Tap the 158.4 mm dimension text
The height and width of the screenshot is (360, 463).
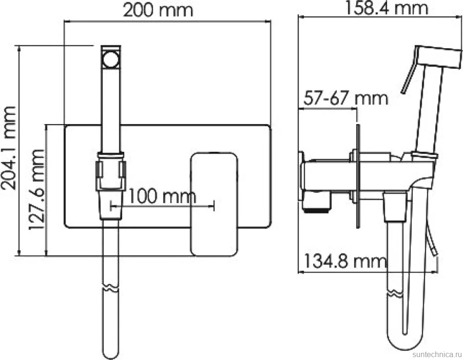386,8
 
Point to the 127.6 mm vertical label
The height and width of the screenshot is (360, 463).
37,190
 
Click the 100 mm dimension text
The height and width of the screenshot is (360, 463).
162,196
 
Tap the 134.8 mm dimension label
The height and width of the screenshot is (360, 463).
345,261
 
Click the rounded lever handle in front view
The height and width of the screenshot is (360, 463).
214,204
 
